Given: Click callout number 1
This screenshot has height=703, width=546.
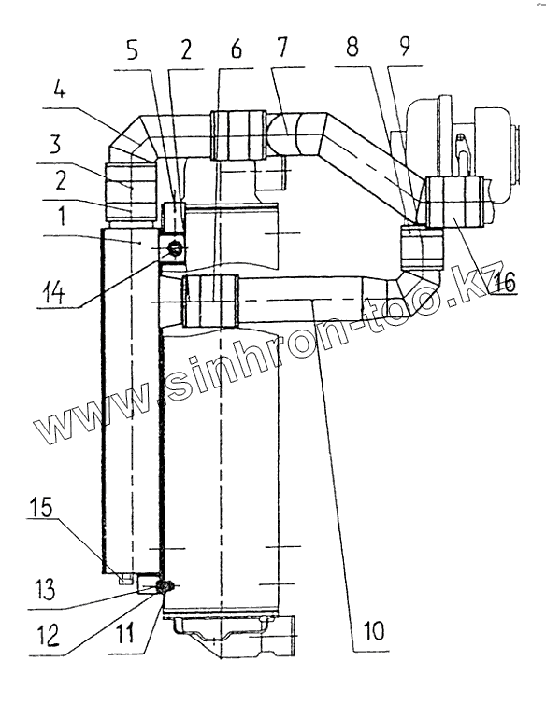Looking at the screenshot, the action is tap(62, 216).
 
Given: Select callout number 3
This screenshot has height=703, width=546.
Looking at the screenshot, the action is tap(56, 144).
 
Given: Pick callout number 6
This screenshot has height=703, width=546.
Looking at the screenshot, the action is tap(237, 49).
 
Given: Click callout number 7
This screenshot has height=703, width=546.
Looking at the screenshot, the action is tap(280, 47).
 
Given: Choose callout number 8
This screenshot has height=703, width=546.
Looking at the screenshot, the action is tap(352, 47).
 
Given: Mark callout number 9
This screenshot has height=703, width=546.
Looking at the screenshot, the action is tap(405, 46).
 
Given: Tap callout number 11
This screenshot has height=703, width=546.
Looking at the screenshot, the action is tap(124, 634).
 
